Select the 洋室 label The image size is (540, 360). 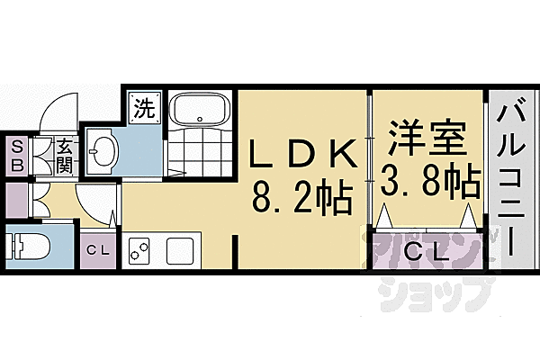(427, 141)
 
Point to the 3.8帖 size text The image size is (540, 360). (427, 184)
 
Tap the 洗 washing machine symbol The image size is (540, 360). (143, 108)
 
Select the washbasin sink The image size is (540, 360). (101, 150)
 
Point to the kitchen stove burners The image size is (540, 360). (139, 251)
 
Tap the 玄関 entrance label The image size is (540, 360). (65, 156)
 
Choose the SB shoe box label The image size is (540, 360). (17, 156)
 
